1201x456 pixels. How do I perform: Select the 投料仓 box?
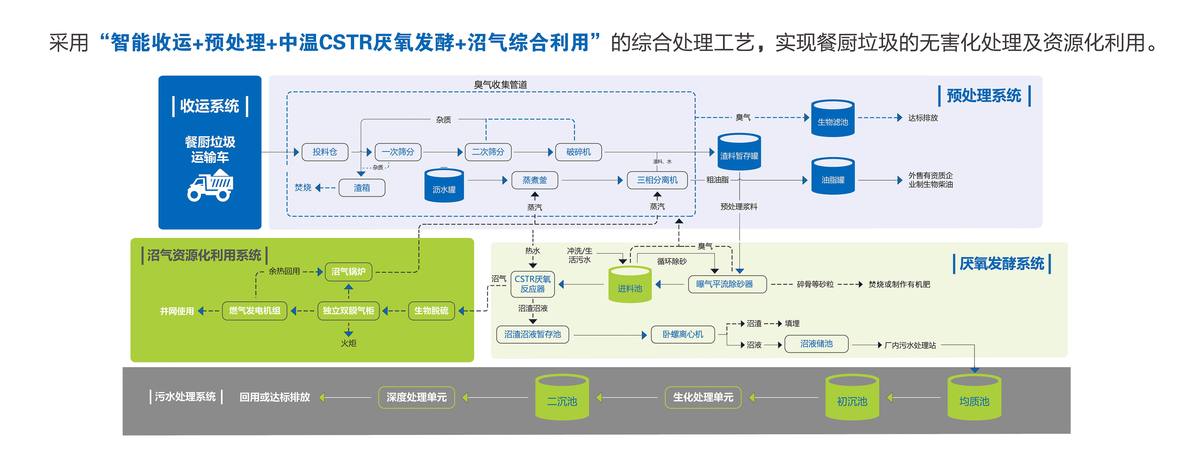[325, 152]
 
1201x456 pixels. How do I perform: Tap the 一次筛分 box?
[398, 152]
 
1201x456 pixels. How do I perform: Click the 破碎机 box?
[578, 152]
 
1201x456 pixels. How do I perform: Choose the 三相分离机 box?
[657, 180]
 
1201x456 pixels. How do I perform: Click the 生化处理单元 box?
[703, 397]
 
